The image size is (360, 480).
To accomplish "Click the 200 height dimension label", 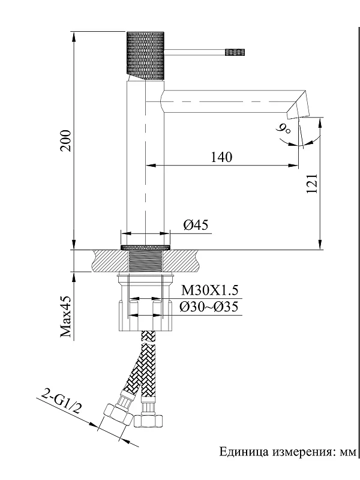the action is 65,140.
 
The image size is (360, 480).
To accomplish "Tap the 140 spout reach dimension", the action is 221,157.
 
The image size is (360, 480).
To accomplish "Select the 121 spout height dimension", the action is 312,184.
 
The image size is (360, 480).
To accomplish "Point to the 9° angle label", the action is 283,130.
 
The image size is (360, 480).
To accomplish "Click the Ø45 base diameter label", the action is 196,225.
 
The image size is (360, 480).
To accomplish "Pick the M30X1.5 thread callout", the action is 209,290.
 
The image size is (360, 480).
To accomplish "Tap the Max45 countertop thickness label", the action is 65,316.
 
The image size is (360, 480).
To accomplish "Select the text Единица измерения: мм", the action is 288,452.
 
